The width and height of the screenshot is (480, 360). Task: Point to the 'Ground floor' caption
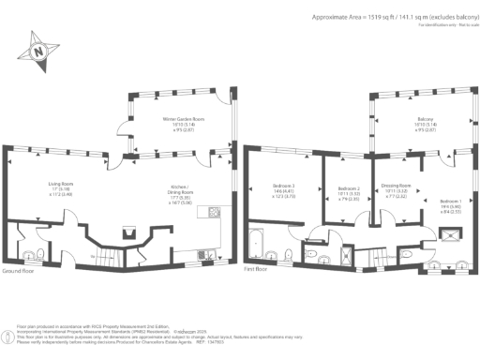pos(22,270)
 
